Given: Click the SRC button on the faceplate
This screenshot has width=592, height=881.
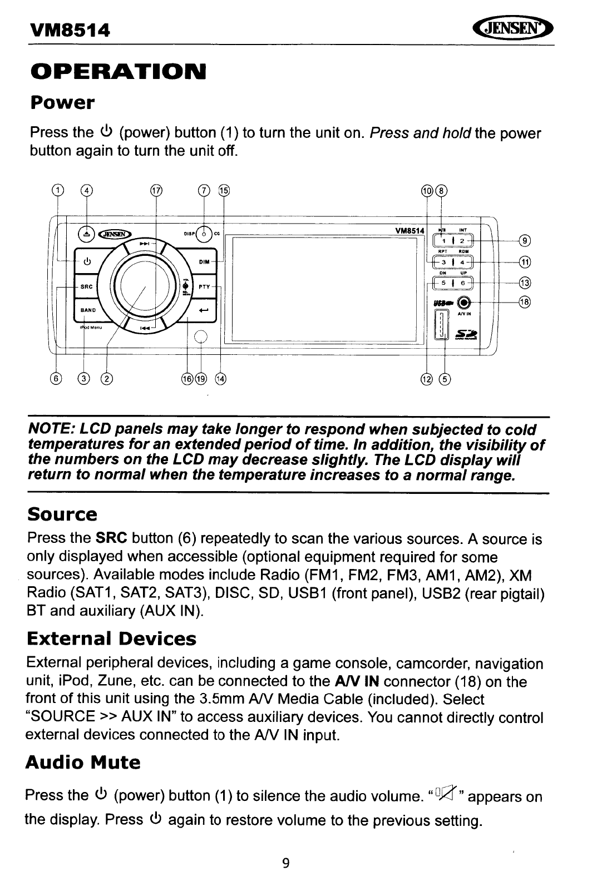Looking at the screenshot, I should [86, 287].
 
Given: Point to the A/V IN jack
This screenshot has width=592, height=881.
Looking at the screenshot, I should [463, 302].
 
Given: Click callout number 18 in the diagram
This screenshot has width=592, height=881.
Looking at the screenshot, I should [525, 302].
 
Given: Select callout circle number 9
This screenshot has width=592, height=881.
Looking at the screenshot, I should [525, 240].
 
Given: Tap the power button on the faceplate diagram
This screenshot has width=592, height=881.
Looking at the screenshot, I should [87, 262].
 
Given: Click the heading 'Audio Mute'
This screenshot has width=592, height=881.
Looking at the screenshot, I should [83, 762].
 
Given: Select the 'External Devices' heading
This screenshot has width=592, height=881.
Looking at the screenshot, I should [111, 639].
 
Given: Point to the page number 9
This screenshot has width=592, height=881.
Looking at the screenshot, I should [286, 863].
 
